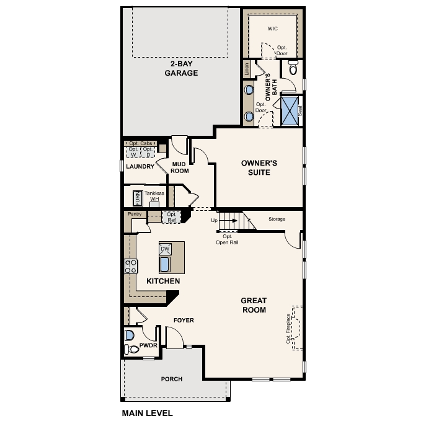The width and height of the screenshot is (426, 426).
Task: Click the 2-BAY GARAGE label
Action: pos(181,68)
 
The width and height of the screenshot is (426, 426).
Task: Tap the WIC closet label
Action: pos(272,29)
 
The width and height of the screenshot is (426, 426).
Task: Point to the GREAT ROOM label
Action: pos(254,305)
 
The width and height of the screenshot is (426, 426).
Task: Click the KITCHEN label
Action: pos(163,282)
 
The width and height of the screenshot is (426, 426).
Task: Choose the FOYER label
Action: pos(184,321)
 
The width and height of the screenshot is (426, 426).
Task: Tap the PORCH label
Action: pos(172,379)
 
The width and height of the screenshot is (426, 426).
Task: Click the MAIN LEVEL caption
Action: pos(148,413)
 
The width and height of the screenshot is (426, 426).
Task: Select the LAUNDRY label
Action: pos(140,167)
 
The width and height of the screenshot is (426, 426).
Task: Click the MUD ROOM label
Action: pos(180,167)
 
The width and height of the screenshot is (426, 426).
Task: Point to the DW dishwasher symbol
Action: pos(165,249)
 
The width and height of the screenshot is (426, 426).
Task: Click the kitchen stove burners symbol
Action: pos(131,267)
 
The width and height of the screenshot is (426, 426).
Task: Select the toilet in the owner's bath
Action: pos(293,69)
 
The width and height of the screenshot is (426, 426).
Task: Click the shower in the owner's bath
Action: pos(290,112)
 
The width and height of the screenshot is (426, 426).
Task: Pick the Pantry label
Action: pos(135,214)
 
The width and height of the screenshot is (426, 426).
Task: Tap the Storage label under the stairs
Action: pos(277,219)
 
